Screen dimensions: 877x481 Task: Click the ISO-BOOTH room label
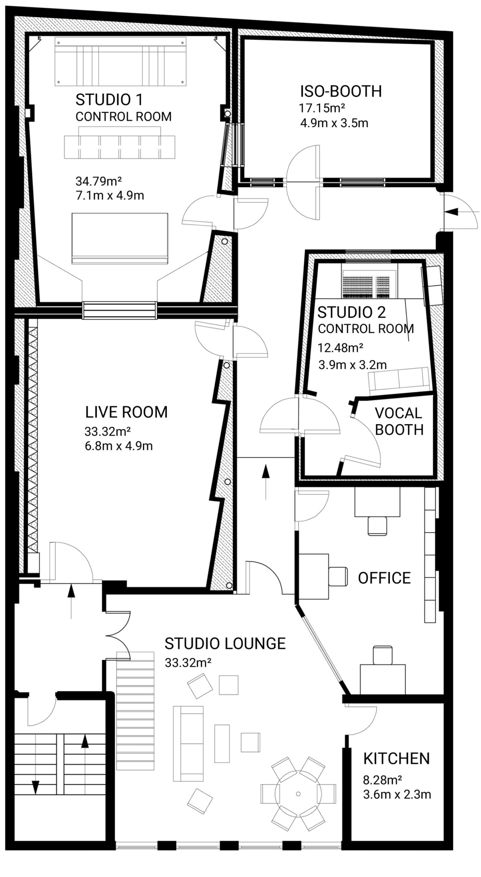pyautogui.click(x=341, y=91)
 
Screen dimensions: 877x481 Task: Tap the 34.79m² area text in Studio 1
pyautogui.click(x=99, y=181)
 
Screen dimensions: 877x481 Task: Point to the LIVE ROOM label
pyautogui.click(x=126, y=412)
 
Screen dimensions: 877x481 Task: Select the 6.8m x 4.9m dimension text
pyautogui.click(x=118, y=446)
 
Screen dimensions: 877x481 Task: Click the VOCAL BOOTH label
pyautogui.click(x=399, y=421)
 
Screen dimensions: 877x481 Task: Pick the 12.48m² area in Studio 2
pyautogui.click(x=340, y=348)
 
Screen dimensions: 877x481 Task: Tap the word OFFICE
pyautogui.click(x=384, y=578)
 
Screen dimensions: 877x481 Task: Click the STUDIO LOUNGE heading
pyautogui.click(x=225, y=644)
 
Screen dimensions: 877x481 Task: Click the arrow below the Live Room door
pyautogui.click(x=71, y=600)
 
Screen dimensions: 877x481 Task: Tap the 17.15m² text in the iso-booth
pyautogui.click(x=322, y=108)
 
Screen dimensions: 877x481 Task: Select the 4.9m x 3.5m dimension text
pyautogui.click(x=334, y=123)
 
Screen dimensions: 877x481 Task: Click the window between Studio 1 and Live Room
pyautogui.click(x=120, y=310)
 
